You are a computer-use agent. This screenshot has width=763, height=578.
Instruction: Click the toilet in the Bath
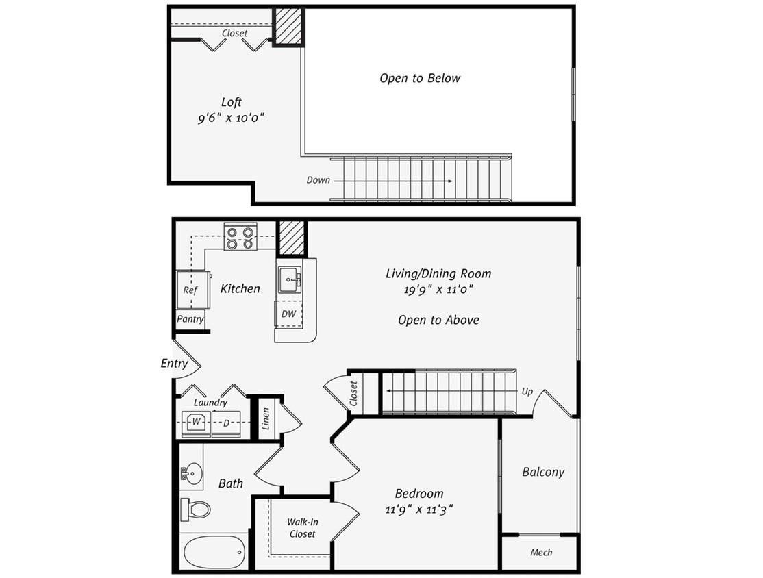tap(197, 509)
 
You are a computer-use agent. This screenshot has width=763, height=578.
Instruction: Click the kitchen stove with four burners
tap(240, 237)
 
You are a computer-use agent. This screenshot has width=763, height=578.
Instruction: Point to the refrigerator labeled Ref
tap(190, 290)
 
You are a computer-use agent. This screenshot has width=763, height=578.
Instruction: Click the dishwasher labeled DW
tap(288, 314)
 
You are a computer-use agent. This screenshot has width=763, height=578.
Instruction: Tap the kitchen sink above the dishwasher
tap(290, 279)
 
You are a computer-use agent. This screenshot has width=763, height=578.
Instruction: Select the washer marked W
tap(196, 422)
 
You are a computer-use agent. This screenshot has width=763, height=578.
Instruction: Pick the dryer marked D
tap(226, 423)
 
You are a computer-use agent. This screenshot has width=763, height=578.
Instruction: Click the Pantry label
tap(190, 319)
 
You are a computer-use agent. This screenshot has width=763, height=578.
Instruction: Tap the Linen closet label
tap(266, 421)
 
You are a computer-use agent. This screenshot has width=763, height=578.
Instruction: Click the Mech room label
tap(541, 552)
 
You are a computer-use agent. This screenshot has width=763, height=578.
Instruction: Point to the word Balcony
tap(543, 472)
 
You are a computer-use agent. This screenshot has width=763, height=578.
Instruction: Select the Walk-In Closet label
tap(302, 527)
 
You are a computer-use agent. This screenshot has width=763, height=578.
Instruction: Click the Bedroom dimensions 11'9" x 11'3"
tap(419, 510)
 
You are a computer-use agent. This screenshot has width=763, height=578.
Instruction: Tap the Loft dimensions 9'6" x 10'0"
tap(232, 118)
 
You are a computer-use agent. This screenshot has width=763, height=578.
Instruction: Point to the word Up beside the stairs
tap(527, 392)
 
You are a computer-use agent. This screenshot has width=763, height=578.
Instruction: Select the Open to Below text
tap(420, 78)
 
